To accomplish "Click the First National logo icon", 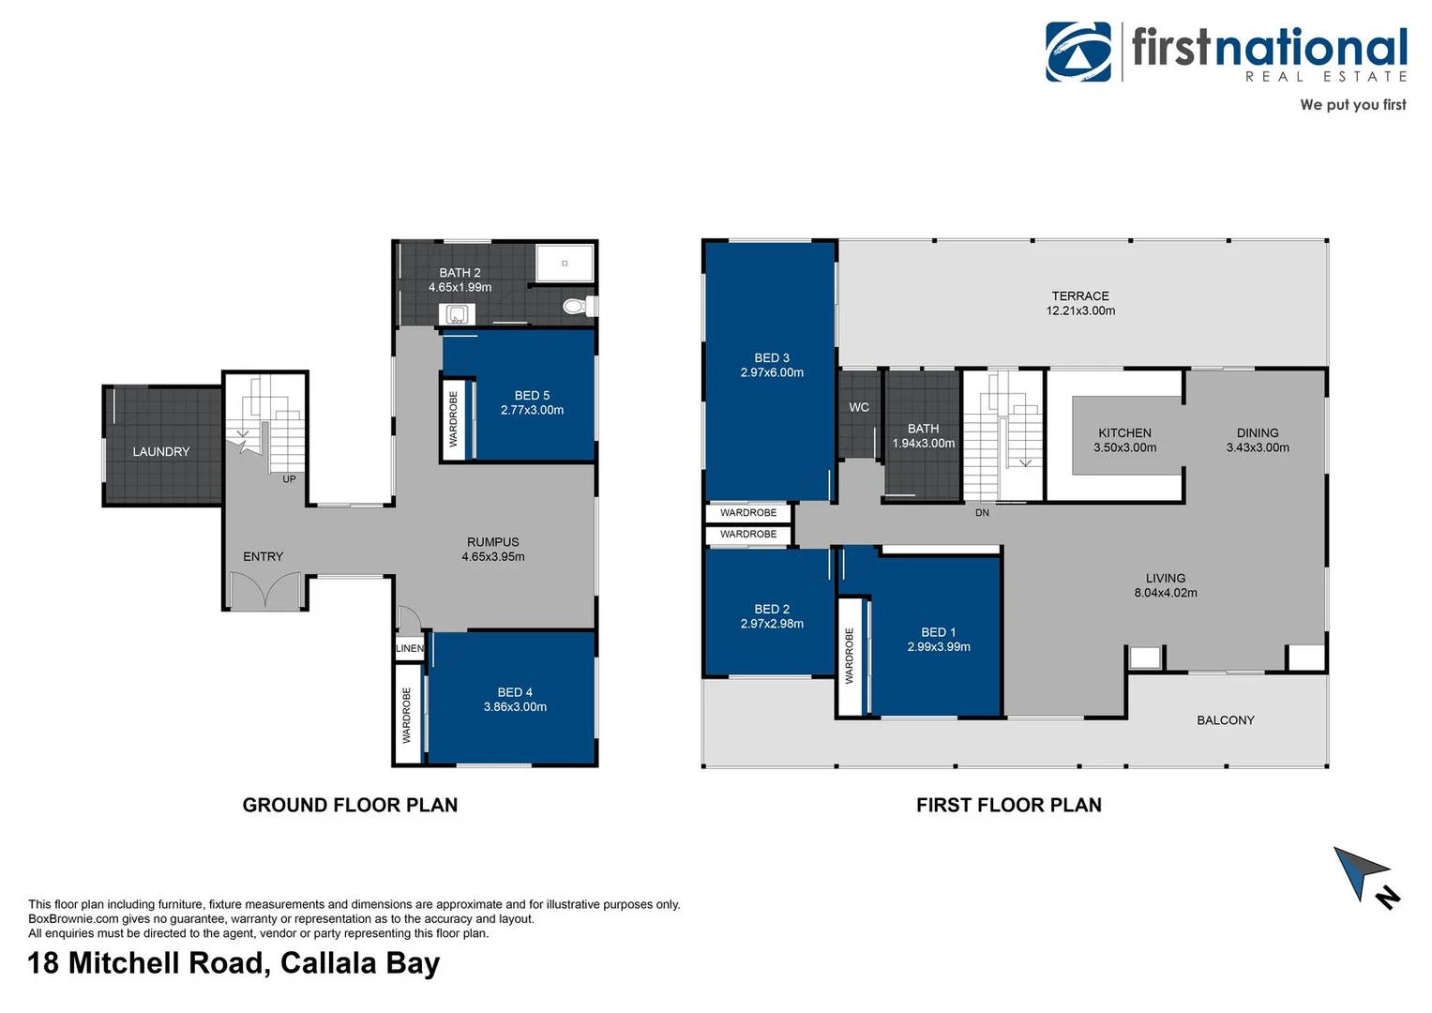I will (x=1078, y=53).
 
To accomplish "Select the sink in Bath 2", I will (x=457, y=314).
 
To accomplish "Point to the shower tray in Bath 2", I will (x=565, y=263).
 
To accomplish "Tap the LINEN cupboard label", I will (x=409, y=648).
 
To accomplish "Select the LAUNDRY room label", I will (x=161, y=452).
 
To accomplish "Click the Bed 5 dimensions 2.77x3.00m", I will (x=532, y=410).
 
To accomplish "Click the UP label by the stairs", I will (x=289, y=479).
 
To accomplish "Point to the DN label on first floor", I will (x=982, y=513).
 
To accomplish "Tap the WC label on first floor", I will (x=859, y=407).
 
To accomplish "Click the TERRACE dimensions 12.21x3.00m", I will (x=1080, y=310).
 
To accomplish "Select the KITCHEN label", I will (x=1124, y=433).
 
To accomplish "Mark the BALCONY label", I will (x=1225, y=720).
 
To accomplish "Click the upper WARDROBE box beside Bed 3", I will (x=748, y=513).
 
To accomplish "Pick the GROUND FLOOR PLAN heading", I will (x=350, y=805).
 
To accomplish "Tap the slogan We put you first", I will (x=1352, y=105).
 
